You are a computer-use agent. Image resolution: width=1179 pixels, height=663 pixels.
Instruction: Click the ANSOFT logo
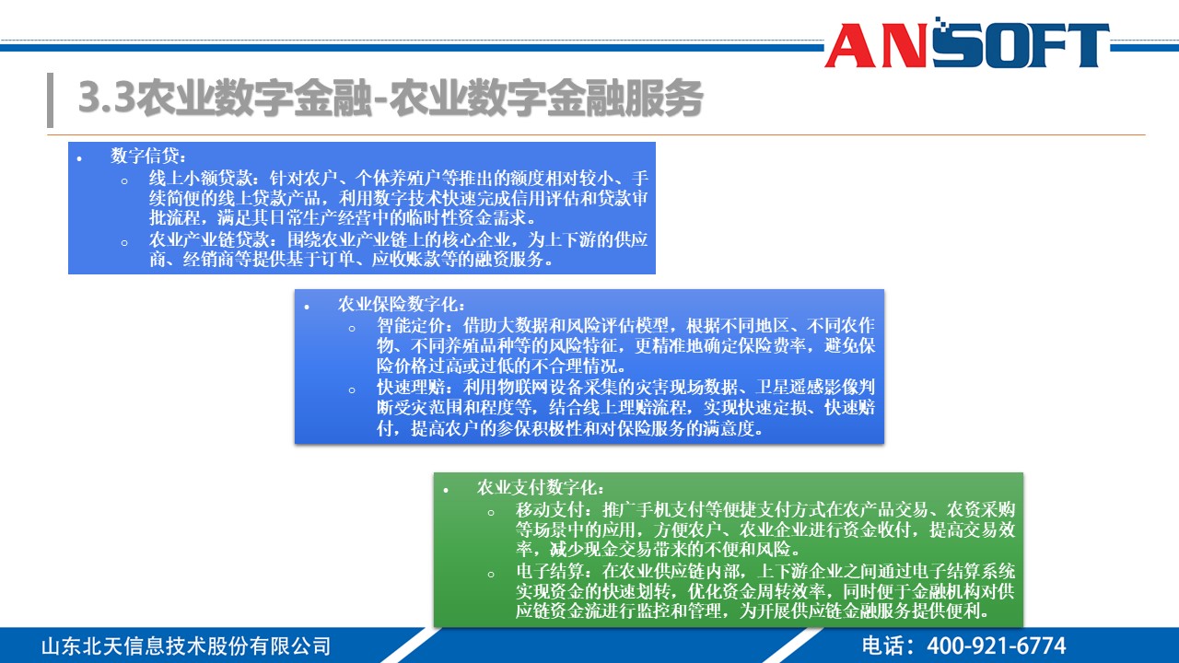[x=966, y=44]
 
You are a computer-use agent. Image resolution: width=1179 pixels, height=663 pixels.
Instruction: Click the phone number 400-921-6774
[x=997, y=646]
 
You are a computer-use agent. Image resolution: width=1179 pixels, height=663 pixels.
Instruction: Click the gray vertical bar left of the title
[x=50, y=99]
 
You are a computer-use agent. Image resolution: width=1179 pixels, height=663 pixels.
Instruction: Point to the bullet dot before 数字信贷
[x=79, y=157]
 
